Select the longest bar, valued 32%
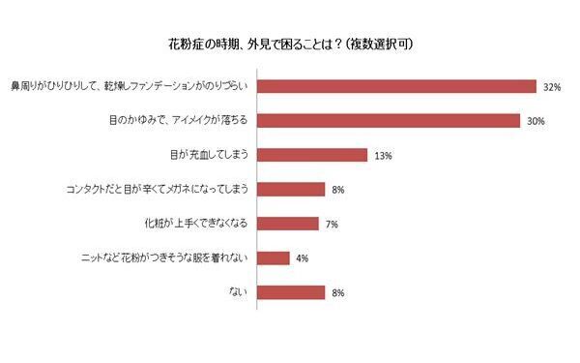(397, 86)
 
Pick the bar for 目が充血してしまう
(313, 155)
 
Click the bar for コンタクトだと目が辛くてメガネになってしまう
(291, 190)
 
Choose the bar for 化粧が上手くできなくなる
(288, 224)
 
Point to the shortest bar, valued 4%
(275, 257)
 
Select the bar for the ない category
(291, 292)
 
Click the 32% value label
(552, 87)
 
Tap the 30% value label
(536, 121)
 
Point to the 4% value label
(302, 258)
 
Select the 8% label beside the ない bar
(338, 292)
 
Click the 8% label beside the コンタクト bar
(338, 190)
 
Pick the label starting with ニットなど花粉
(168, 257)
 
